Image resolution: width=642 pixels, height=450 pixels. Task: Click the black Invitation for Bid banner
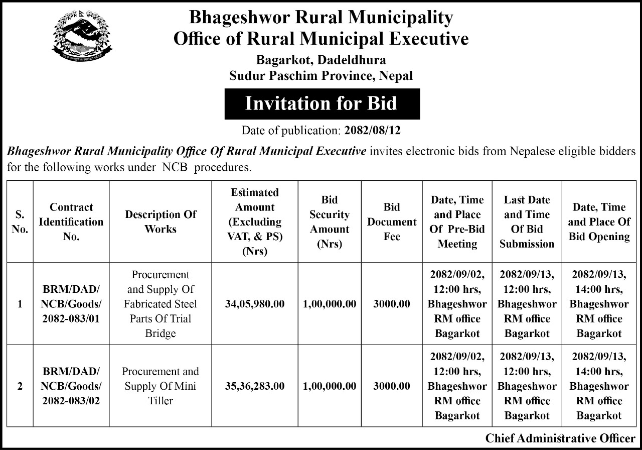[x=322, y=103]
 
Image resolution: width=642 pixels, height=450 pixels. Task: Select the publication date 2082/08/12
[x=373, y=131]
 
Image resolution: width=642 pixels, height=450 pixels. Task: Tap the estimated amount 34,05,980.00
[x=255, y=304]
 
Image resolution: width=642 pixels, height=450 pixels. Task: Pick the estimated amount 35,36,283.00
[x=255, y=386]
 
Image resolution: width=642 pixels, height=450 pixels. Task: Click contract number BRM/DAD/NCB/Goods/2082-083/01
[x=71, y=304]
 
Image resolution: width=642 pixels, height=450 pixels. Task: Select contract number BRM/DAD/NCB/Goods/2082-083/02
[x=71, y=386]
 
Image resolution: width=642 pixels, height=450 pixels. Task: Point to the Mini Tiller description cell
[x=160, y=386]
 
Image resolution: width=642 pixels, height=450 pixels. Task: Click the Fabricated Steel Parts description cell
[x=160, y=304]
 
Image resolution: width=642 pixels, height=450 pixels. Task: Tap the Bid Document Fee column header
[x=392, y=221]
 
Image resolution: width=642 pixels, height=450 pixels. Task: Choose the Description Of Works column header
[x=160, y=221]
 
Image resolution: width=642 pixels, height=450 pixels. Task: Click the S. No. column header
[x=20, y=221]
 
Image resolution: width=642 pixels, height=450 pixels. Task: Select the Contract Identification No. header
[x=71, y=221]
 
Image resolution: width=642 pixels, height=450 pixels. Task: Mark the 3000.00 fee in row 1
[x=392, y=304]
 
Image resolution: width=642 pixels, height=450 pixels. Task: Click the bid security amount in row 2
[x=330, y=386]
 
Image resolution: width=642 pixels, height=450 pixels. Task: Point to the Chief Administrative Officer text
[x=560, y=438]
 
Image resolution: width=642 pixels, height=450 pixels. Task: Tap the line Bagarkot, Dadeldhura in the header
[x=322, y=60]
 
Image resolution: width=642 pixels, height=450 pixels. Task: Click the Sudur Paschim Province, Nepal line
[x=322, y=76]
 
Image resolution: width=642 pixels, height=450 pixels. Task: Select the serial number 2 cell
[x=20, y=386]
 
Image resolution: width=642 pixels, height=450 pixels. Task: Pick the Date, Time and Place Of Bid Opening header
[x=599, y=221]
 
